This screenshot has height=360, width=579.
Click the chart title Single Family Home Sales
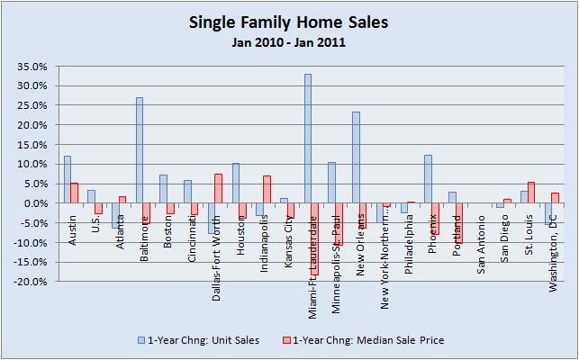point(290,22)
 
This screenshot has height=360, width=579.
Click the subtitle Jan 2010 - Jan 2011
point(290,42)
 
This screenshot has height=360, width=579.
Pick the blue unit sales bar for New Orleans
point(356,157)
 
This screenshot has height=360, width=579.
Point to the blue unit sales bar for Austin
point(67,180)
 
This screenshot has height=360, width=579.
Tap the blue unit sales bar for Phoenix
point(428,179)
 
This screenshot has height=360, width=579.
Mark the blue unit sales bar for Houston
point(235,184)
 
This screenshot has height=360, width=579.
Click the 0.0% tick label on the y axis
point(33,203)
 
